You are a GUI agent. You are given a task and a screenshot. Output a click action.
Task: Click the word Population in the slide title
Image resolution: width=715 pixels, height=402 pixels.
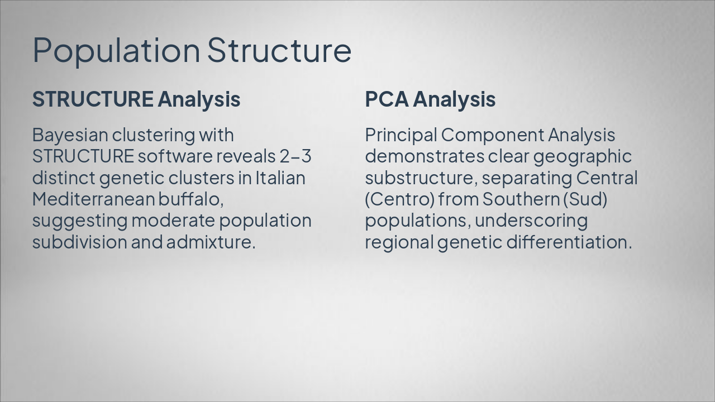[x=116, y=51]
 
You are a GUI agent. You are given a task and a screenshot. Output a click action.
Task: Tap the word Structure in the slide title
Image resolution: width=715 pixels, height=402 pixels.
[x=279, y=50]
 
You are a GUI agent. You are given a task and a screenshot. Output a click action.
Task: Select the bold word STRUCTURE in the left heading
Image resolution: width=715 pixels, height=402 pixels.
[x=93, y=99]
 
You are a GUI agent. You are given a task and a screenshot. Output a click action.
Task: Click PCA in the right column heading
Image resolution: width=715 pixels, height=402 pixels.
[x=387, y=99]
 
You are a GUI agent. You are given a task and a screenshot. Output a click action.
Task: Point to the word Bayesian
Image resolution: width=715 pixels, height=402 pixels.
[x=70, y=136]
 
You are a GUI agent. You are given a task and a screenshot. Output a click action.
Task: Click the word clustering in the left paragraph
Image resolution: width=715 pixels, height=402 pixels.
[x=153, y=136]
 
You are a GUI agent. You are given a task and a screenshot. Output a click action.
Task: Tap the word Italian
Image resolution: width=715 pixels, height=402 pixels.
[x=280, y=178]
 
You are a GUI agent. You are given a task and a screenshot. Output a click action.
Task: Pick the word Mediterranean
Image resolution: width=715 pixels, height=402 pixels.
[x=93, y=199]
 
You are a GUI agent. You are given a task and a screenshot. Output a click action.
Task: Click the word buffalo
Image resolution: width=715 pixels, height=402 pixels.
[x=191, y=199]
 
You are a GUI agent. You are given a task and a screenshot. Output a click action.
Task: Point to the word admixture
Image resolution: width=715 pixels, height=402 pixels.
[x=211, y=242]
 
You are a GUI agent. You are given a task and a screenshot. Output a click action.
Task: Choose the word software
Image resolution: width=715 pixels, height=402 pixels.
[x=175, y=156]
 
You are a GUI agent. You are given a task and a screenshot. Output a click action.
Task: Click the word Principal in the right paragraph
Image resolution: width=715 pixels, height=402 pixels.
[x=401, y=136]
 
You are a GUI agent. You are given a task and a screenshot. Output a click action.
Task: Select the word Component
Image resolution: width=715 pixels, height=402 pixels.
[x=493, y=136]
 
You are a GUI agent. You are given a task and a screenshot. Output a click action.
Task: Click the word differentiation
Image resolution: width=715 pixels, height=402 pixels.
[x=569, y=242]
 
